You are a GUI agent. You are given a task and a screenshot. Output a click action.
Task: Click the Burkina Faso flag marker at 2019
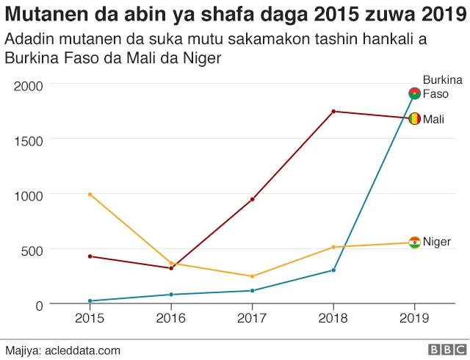coord(414,93)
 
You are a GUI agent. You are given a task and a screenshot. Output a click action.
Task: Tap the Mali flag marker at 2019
coord(414,118)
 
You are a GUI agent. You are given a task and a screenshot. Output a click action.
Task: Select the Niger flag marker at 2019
coord(414,242)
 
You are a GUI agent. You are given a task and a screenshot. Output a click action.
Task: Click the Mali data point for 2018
coord(333,112)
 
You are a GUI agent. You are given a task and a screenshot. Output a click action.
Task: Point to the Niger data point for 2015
coord(90,194)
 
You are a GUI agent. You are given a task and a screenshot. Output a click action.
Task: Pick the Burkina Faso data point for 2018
coord(333,270)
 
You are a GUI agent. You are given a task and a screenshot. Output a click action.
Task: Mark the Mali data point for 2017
coord(253,199)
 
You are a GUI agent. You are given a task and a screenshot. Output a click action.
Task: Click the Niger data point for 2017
coord(253,276)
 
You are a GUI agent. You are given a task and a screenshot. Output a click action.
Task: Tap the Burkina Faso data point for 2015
coord(90,301)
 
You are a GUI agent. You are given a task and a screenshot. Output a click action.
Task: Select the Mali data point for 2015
coord(90,256)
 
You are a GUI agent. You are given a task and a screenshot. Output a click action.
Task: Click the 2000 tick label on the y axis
coord(29,86)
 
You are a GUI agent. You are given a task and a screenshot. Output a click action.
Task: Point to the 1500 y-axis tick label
coord(29,140)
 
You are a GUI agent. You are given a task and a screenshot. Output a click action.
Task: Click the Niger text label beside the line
coord(437,242)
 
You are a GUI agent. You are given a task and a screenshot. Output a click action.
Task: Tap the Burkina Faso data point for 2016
coord(171,295)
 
